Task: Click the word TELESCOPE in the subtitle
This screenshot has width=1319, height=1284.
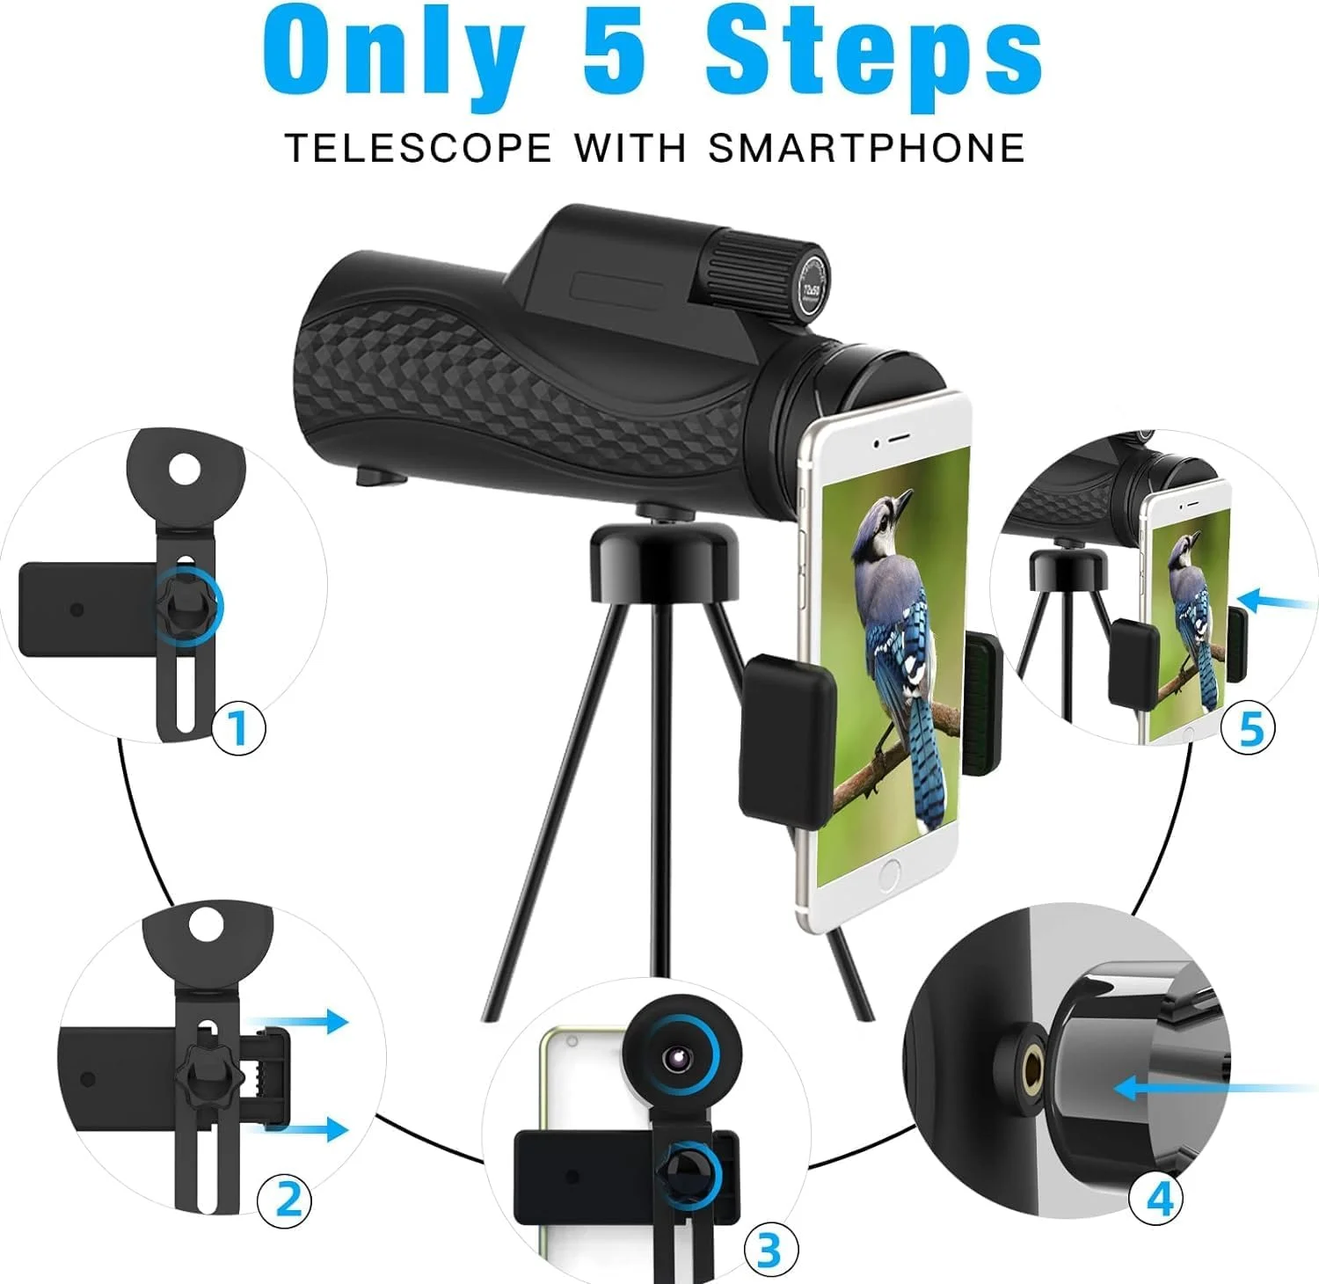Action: (418, 148)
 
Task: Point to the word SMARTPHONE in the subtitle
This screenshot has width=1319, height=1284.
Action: (867, 148)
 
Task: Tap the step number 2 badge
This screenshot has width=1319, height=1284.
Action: (284, 1198)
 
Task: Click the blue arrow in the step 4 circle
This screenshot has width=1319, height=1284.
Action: (1218, 1089)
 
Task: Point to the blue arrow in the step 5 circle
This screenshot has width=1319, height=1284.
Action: (1279, 601)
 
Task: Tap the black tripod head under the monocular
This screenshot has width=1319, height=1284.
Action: (663, 558)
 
